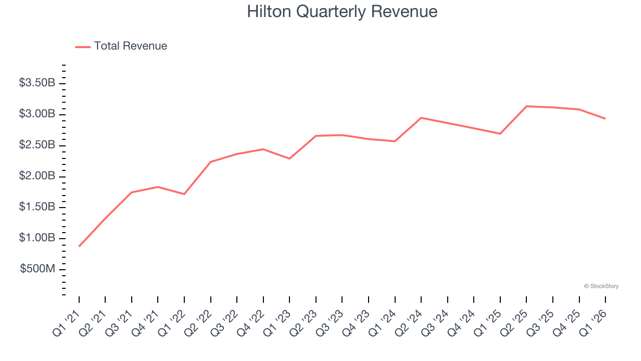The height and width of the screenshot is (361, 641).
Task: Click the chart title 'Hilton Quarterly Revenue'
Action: tap(342, 12)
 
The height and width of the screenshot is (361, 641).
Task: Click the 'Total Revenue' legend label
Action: tap(130, 46)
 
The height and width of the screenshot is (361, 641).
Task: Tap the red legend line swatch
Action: tap(83, 47)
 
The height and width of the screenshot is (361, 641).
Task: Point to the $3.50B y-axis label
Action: tap(37, 83)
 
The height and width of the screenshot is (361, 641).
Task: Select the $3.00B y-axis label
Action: tap(37, 114)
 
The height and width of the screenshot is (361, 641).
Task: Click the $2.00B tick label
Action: tap(37, 176)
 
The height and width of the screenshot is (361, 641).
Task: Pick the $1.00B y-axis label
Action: tap(37, 238)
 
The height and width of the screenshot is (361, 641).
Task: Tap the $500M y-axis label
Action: tap(38, 269)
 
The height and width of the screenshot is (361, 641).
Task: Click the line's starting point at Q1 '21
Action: tap(79, 246)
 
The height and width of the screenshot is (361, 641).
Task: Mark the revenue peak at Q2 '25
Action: tap(526, 106)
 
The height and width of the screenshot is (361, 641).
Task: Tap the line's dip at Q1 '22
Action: tap(184, 194)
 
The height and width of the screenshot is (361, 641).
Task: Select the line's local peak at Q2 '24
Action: tap(421, 118)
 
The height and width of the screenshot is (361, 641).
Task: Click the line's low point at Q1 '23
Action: tap(289, 158)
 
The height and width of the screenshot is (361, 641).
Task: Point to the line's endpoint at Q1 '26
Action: tap(605, 118)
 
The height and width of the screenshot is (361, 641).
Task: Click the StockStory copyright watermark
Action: tap(601, 286)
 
